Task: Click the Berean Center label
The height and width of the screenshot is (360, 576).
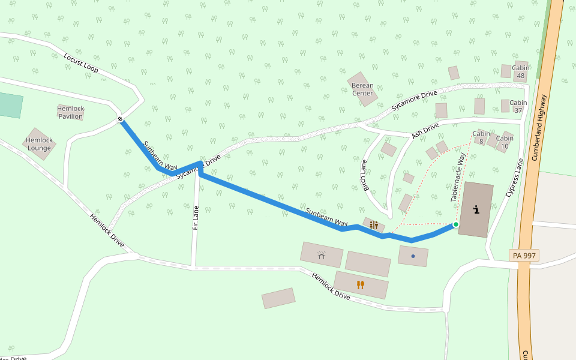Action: click(x=362, y=89)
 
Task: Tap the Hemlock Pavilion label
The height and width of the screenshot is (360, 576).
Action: click(x=71, y=112)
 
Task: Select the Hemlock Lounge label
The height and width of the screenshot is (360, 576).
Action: click(x=39, y=144)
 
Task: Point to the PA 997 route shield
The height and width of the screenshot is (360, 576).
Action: click(x=525, y=256)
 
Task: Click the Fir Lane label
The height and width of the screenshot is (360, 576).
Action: click(x=196, y=219)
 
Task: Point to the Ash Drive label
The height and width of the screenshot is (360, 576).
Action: click(x=425, y=130)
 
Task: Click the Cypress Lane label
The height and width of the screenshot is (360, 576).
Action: click(x=515, y=178)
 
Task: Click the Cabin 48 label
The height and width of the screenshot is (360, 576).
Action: click(x=520, y=72)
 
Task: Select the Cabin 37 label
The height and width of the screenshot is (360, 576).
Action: click(x=518, y=106)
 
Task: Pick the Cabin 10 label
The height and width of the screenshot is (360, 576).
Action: click(x=505, y=142)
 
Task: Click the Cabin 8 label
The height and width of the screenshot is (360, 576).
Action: click(x=481, y=137)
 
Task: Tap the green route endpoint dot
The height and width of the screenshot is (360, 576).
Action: click(x=455, y=224)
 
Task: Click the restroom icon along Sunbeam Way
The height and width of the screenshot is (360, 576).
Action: click(x=374, y=225)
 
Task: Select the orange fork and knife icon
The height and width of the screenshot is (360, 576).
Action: click(x=361, y=284)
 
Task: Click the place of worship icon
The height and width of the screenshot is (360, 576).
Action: click(x=476, y=210)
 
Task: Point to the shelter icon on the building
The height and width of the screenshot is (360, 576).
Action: click(x=322, y=255)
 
